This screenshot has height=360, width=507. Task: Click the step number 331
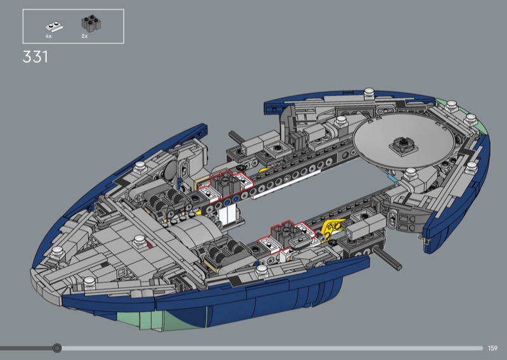pyautogui.click(x=35, y=57)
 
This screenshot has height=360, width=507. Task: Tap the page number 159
pyautogui.click(x=492, y=348)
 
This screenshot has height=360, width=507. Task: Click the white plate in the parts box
pyautogui.click(x=55, y=27)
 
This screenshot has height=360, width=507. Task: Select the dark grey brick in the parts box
pyautogui.click(x=90, y=23)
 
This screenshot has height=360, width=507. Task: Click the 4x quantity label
pyautogui.click(x=49, y=36)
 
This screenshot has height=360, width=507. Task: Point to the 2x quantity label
pyautogui.click(x=84, y=36)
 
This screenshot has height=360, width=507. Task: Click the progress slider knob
pyautogui.click(x=57, y=348)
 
